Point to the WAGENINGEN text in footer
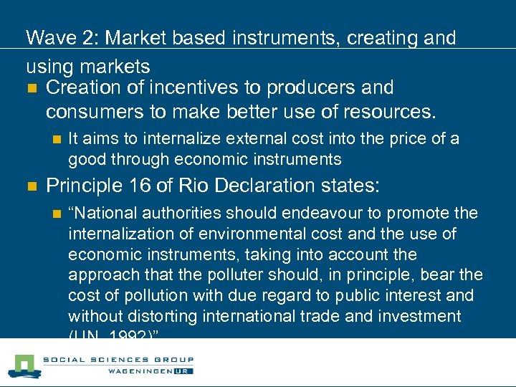(x=141, y=371)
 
